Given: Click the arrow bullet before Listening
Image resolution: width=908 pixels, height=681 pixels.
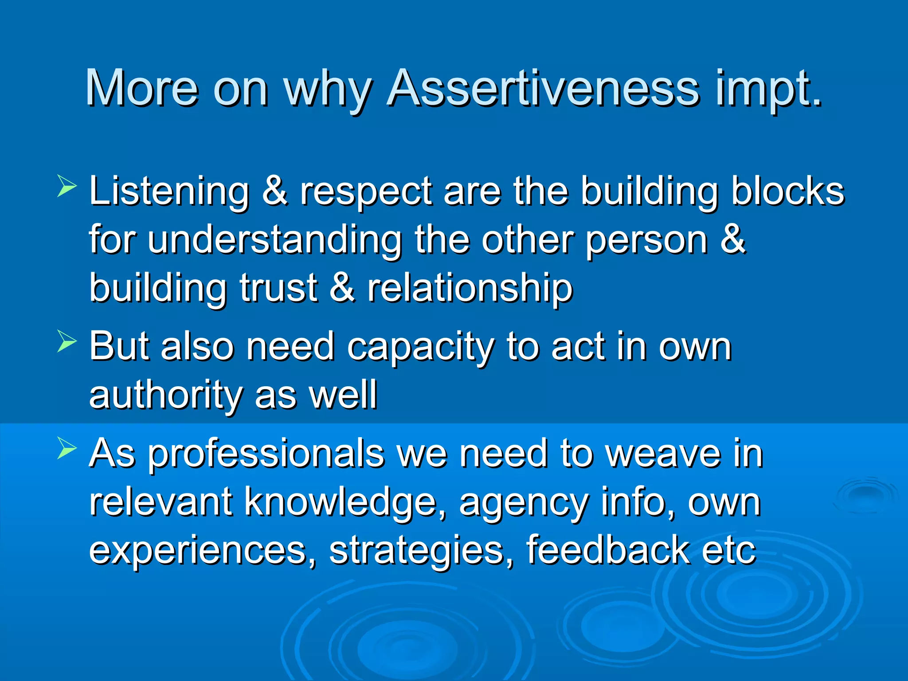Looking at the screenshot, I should point(67,186).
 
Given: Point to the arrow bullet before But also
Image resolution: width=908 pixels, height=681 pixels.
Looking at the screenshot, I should point(67,342).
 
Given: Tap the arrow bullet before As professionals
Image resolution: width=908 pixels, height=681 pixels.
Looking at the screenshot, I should point(67,448).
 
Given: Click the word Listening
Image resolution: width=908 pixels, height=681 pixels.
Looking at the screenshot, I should point(169,192).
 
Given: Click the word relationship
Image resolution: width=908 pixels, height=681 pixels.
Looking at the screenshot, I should point(470,289).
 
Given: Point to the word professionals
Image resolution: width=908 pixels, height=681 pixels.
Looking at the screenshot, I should point(266,454).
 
